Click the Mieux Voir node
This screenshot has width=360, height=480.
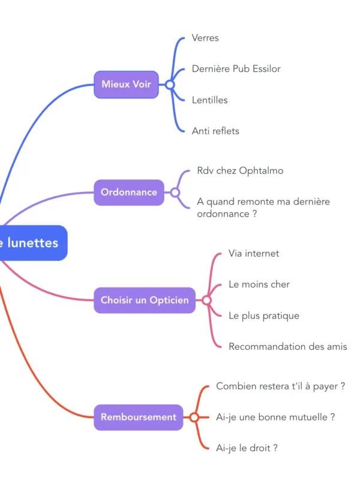click(x=126, y=85)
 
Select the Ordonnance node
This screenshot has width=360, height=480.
click(x=129, y=193)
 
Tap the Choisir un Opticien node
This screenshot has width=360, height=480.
click(x=145, y=300)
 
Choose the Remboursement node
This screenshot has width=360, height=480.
click(x=139, y=417)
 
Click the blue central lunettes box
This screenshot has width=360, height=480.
click(x=33, y=243)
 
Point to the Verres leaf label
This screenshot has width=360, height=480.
click(x=205, y=38)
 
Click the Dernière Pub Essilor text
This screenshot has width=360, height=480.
click(x=236, y=69)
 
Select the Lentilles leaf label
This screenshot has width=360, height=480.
click(x=209, y=100)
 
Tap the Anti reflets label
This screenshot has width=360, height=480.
click(x=215, y=131)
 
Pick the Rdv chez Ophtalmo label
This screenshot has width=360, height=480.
click(x=240, y=171)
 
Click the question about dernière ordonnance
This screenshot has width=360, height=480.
click(x=263, y=208)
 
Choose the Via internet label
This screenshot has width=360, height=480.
click(x=254, y=254)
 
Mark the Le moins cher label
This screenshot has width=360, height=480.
click(x=259, y=284)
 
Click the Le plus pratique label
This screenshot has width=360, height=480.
click(x=264, y=316)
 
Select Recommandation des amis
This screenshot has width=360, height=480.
click(x=287, y=347)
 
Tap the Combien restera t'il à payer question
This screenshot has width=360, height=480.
click(x=280, y=386)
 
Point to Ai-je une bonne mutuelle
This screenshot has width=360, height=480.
click(x=275, y=417)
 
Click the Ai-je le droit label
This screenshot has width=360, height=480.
click(x=247, y=448)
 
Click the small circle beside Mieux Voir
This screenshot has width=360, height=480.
click(x=170, y=85)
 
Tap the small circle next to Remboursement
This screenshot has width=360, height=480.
click(x=194, y=417)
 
